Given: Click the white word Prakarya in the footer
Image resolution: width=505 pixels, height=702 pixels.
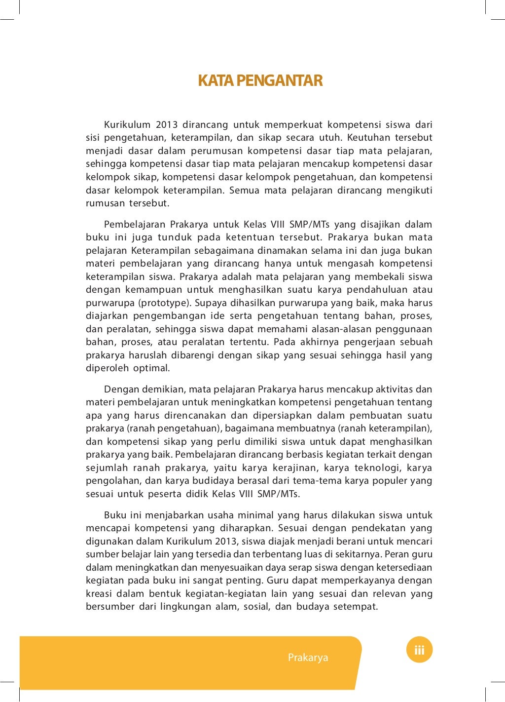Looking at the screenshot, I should [308, 658].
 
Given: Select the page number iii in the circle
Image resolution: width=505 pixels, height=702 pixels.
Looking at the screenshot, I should [419, 650].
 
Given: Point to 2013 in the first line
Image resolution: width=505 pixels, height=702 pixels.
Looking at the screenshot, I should [167, 125].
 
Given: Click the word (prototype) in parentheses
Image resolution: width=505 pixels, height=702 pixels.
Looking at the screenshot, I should [164, 303].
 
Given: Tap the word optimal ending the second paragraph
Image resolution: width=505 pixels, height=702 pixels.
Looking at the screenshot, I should [151, 368].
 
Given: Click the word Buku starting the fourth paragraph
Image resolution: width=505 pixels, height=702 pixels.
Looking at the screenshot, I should [115, 515].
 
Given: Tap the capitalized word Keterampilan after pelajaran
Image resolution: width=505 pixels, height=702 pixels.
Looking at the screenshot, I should [161, 251].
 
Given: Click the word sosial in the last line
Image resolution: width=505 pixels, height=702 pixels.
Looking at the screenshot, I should [256, 607].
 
